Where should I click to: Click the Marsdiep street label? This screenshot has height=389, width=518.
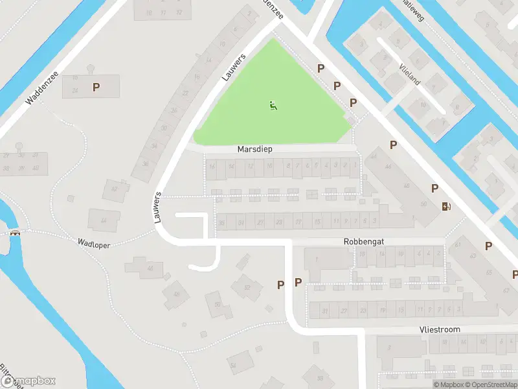point(254,149)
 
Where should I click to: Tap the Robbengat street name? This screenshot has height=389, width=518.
point(364,241)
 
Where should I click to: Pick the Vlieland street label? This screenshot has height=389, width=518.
point(410,75)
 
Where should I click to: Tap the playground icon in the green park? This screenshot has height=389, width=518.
point(273,105)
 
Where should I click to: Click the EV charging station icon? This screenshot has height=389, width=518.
point(446,207)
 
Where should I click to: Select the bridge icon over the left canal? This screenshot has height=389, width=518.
point(15,233)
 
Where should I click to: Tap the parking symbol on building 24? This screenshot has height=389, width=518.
point(96,87)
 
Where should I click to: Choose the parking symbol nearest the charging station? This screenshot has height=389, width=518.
point(434,188)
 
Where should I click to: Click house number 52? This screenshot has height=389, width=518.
point(247,286)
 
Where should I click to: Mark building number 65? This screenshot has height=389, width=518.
point(488,273)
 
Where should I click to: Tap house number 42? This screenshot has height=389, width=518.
point(115,189)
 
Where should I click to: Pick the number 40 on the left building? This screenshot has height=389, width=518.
point(36,169)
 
